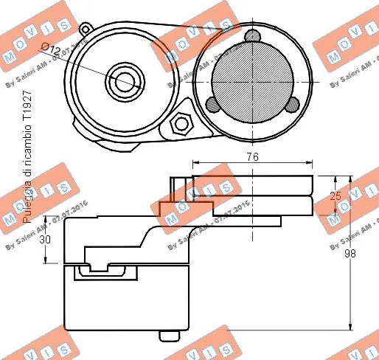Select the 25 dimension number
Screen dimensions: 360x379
click(x=335, y=196)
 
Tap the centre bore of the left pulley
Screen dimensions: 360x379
click(x=122, y=79)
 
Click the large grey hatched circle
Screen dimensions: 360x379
click(x=252, y=78)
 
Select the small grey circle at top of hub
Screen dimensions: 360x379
click(x=252, y=37)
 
